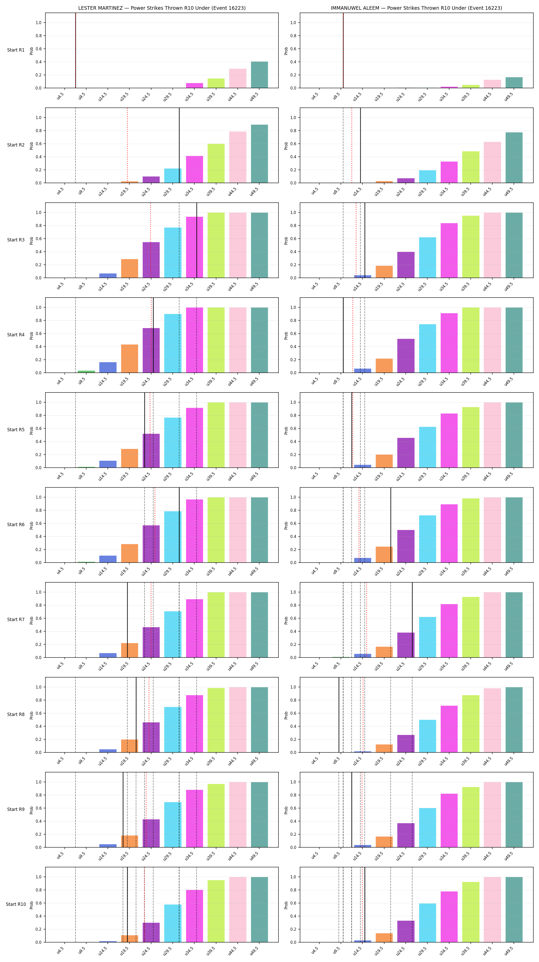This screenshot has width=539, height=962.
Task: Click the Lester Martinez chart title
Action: [x=162, y=8]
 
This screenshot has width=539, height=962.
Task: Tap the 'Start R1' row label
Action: [x=16, y=50]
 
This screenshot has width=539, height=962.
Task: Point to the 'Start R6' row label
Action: [x=16, y=525]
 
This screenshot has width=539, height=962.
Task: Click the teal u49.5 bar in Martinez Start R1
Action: [x=259, y=75]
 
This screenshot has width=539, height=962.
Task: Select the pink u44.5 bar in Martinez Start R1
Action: [x=238, y=78]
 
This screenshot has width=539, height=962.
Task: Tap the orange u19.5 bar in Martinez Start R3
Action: [x=129, y=269]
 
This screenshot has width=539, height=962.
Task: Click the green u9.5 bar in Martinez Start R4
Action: [x=86, y=371]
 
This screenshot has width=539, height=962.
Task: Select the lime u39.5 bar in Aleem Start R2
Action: [x=471, y=167]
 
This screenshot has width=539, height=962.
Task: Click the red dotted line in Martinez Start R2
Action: [x=127, y=145]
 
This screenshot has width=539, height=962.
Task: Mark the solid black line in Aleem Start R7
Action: [x=412, y=620]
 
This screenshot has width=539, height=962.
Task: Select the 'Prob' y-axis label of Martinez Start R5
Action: [x=31, y=430]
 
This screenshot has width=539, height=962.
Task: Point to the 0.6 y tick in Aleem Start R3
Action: [x=293, y=239]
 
